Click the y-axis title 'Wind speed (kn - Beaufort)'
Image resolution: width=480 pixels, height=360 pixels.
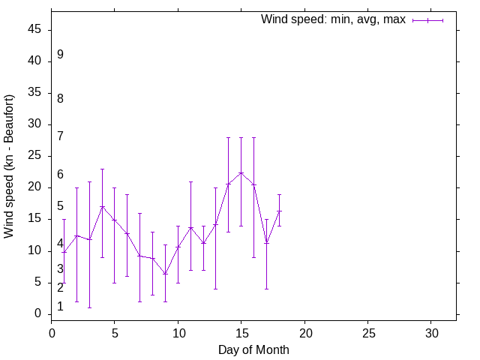click(9, 166)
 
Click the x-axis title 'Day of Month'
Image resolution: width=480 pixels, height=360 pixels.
click(253, 349)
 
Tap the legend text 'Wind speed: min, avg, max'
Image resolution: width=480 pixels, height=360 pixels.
click(333, 19)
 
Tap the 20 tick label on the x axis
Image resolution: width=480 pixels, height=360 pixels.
click(304, 331)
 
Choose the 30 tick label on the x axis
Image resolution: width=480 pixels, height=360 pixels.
click(431, 331)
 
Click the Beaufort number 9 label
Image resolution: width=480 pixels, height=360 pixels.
click(60, 55)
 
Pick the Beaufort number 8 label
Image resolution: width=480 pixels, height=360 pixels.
click(60, 98)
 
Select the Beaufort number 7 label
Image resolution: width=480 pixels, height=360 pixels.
click(60, 136)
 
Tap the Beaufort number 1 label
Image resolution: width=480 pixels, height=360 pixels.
click(60, 307)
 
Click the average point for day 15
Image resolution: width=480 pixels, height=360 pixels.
click(241, 172)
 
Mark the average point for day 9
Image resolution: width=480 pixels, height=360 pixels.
click(165, 274)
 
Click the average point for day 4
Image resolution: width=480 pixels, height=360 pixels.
click(102, 206)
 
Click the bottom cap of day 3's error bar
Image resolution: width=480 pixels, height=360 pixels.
click(89, 307)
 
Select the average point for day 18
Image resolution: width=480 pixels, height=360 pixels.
click(279, 211)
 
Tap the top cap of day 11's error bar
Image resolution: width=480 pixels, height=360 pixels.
click(190, 181)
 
